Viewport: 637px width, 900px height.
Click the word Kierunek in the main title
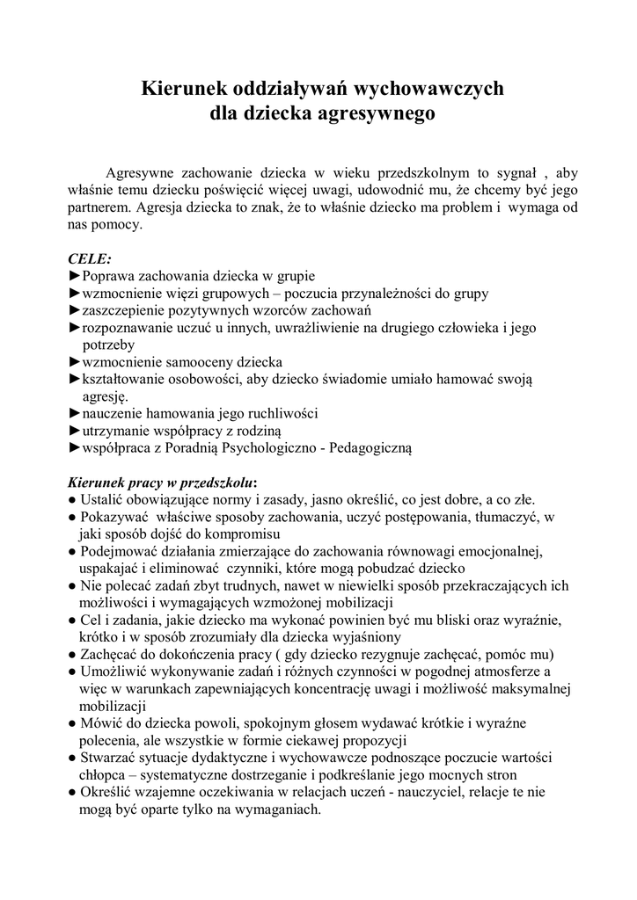(x=184, y=88)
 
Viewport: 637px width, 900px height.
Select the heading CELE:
(x=90, y=259)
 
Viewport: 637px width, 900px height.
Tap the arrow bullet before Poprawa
(x=74, y=276)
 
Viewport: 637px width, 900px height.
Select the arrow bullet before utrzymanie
(x=74, y=431)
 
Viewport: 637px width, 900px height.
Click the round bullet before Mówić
(x=71, y=723)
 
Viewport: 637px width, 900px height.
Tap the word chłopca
(x=102, y=775)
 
